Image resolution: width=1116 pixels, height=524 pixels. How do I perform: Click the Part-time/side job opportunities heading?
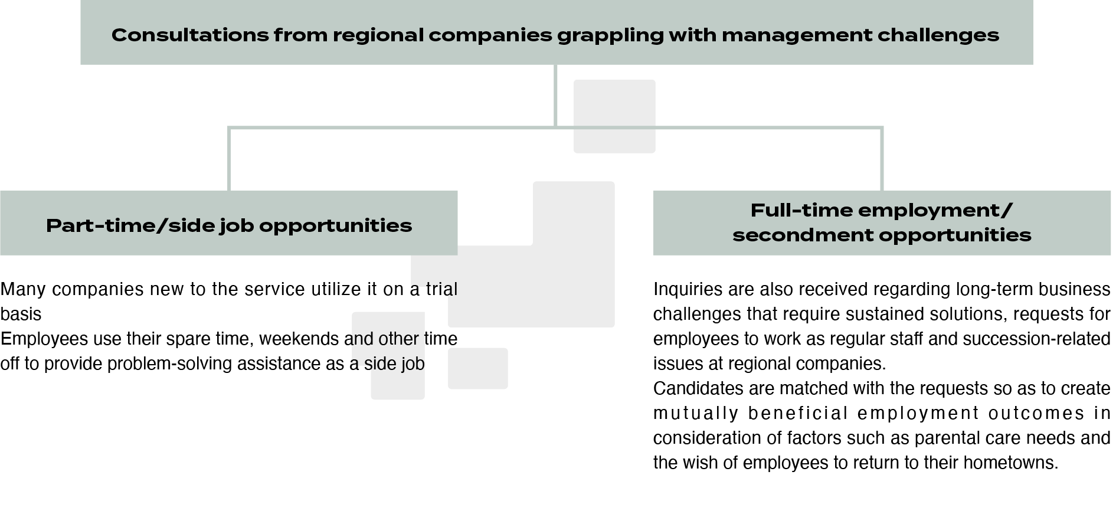coord(229,225)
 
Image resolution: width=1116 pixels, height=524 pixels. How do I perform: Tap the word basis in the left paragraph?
coord(21,315)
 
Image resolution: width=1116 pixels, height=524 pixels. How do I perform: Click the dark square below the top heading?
coord(614,116)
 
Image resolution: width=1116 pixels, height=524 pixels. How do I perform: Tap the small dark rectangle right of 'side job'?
coord(477,369)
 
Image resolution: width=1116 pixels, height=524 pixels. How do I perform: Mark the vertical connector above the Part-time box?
coord(229,159)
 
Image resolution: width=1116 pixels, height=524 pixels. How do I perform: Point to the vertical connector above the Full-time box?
coord(882,159)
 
